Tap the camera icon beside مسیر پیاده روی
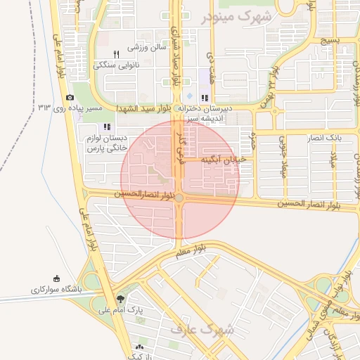(69, 98)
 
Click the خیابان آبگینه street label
(224, 160)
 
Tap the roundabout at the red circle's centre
(180, 199)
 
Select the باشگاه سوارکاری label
(56, 289)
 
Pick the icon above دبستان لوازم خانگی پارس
(106, 127)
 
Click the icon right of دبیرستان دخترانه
(204, 98)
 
